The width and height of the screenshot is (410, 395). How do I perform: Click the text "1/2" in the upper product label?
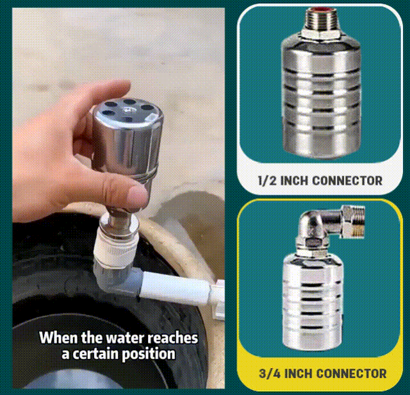click(268, 180)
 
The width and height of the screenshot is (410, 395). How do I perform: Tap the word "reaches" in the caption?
click(174, 337)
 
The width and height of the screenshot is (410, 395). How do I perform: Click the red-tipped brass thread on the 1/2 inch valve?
click(318, 14)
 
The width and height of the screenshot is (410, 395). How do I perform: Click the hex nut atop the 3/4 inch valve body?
click(313, 242)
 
